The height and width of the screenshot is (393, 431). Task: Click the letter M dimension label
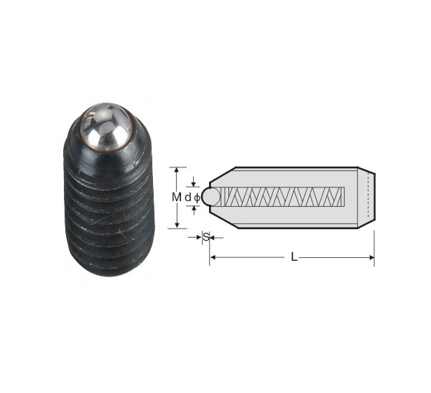(x=177, y=197)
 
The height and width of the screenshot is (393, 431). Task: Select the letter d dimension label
(x=187, y=197)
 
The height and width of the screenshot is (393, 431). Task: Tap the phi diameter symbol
(x=197, y=198)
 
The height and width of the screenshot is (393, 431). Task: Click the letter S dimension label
(x=206, y=237)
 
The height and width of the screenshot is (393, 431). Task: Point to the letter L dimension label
(x=294, y=257)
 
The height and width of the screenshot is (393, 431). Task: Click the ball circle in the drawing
(x=211, y=197)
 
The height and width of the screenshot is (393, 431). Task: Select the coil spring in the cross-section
(x=282, y=197)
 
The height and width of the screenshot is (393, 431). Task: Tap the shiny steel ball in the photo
(x=107, y=127)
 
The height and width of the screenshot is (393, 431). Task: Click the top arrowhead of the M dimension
(x=177, y=170)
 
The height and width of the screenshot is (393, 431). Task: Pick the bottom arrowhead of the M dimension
(x=177, y=226)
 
